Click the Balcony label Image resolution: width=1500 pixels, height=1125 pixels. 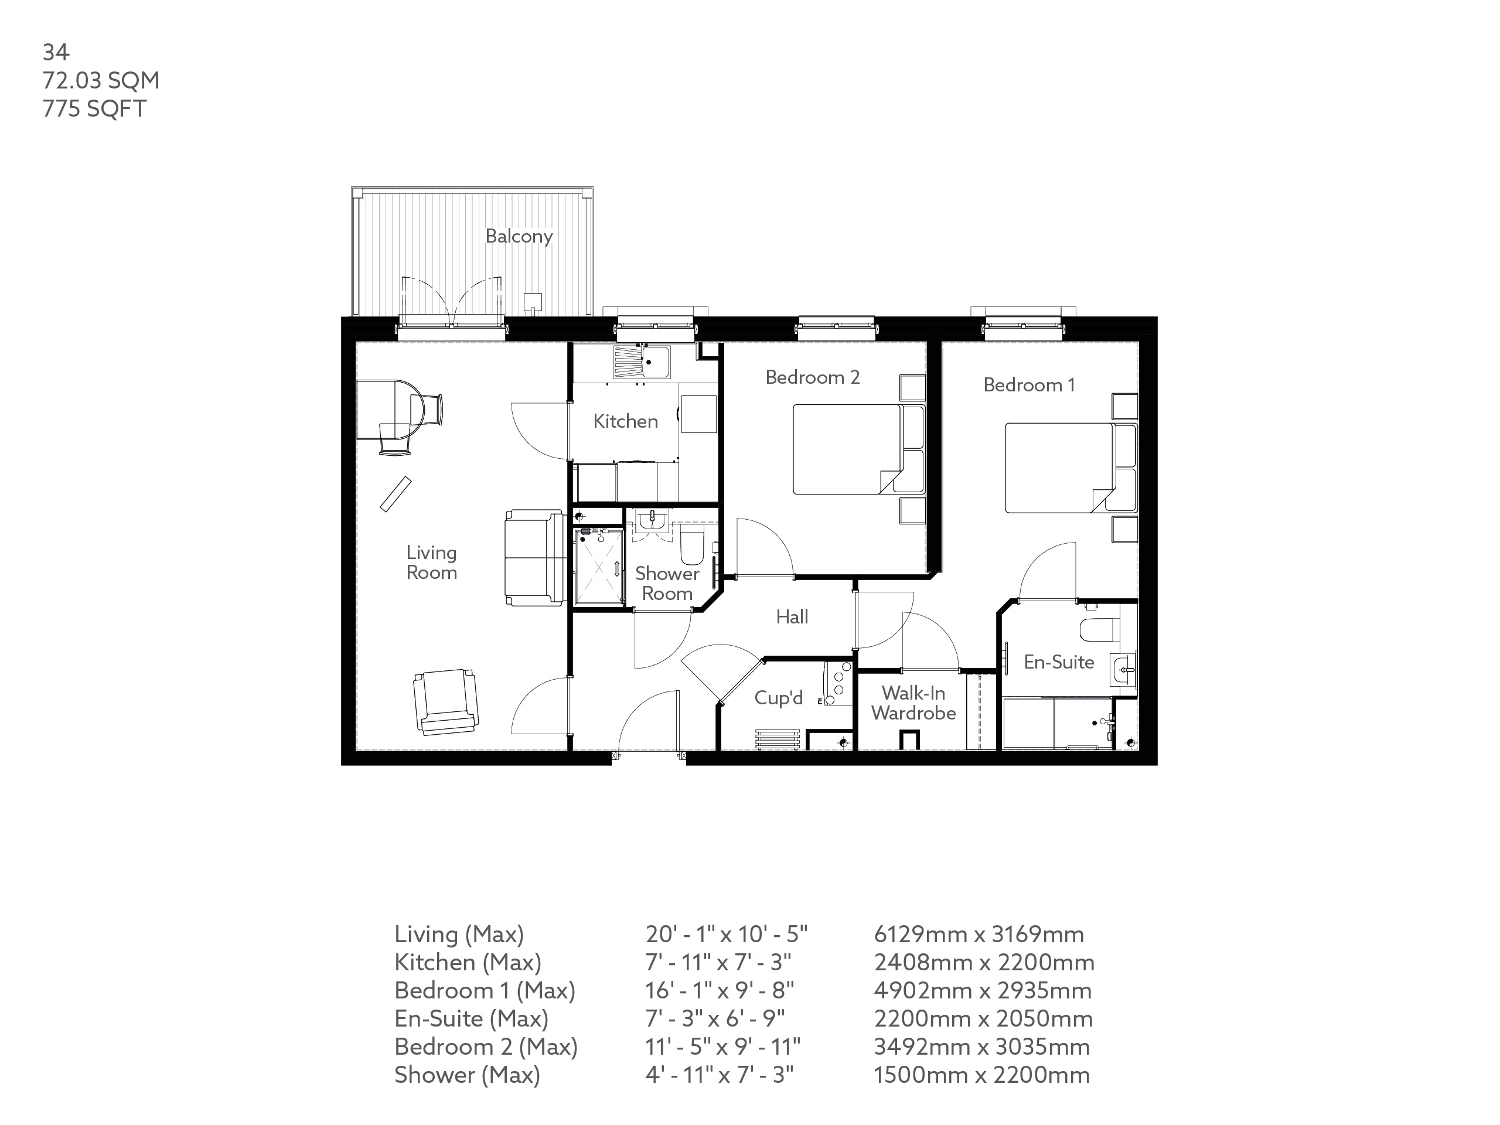click(519, 236)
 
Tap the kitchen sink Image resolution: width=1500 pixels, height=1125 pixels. click(642, 362)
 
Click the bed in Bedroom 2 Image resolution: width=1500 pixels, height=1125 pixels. click(848, 449)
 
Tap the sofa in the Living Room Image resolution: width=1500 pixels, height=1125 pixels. click(534, 557)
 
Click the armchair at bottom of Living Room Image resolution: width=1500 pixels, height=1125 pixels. click(445, 701)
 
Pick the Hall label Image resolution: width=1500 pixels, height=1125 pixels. click(792, 616)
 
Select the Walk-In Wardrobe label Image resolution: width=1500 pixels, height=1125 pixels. click(913, 703)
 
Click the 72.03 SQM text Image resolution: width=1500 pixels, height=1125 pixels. click(101, 80)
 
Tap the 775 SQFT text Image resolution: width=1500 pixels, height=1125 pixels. click(94, 108)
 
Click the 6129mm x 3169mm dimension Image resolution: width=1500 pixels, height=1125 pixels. click(979, 934)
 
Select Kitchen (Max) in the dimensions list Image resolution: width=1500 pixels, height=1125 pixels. click(468, 962)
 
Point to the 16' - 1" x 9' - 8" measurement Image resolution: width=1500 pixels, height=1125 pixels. click(720, 990)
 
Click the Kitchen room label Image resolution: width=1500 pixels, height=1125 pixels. click(625, 421)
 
